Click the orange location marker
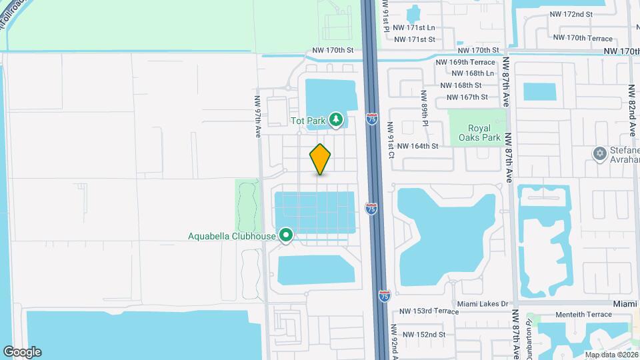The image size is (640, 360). (320, 159)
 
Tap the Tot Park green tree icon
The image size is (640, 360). (337, 120)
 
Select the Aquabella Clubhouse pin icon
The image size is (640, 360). (287, 235)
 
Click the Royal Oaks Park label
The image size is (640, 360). (475, 133)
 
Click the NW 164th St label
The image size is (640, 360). (417, 146)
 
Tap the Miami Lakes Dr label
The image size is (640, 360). (483, 304)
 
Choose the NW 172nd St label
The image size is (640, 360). (571, 14)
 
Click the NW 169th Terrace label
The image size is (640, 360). (465, 62)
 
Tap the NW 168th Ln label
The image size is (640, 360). (473, 73)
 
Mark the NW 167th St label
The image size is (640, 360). (465, 97)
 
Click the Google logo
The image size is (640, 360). (22, 352)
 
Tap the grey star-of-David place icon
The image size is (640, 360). (599, 154)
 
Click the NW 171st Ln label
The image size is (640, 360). (414, 28)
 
